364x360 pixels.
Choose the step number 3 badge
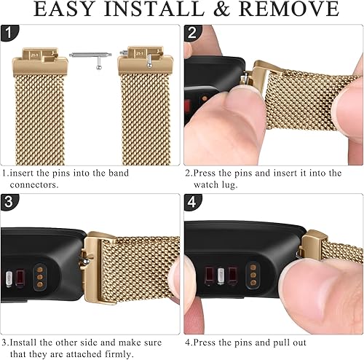point(8,203)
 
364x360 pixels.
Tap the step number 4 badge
point(191,203)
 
